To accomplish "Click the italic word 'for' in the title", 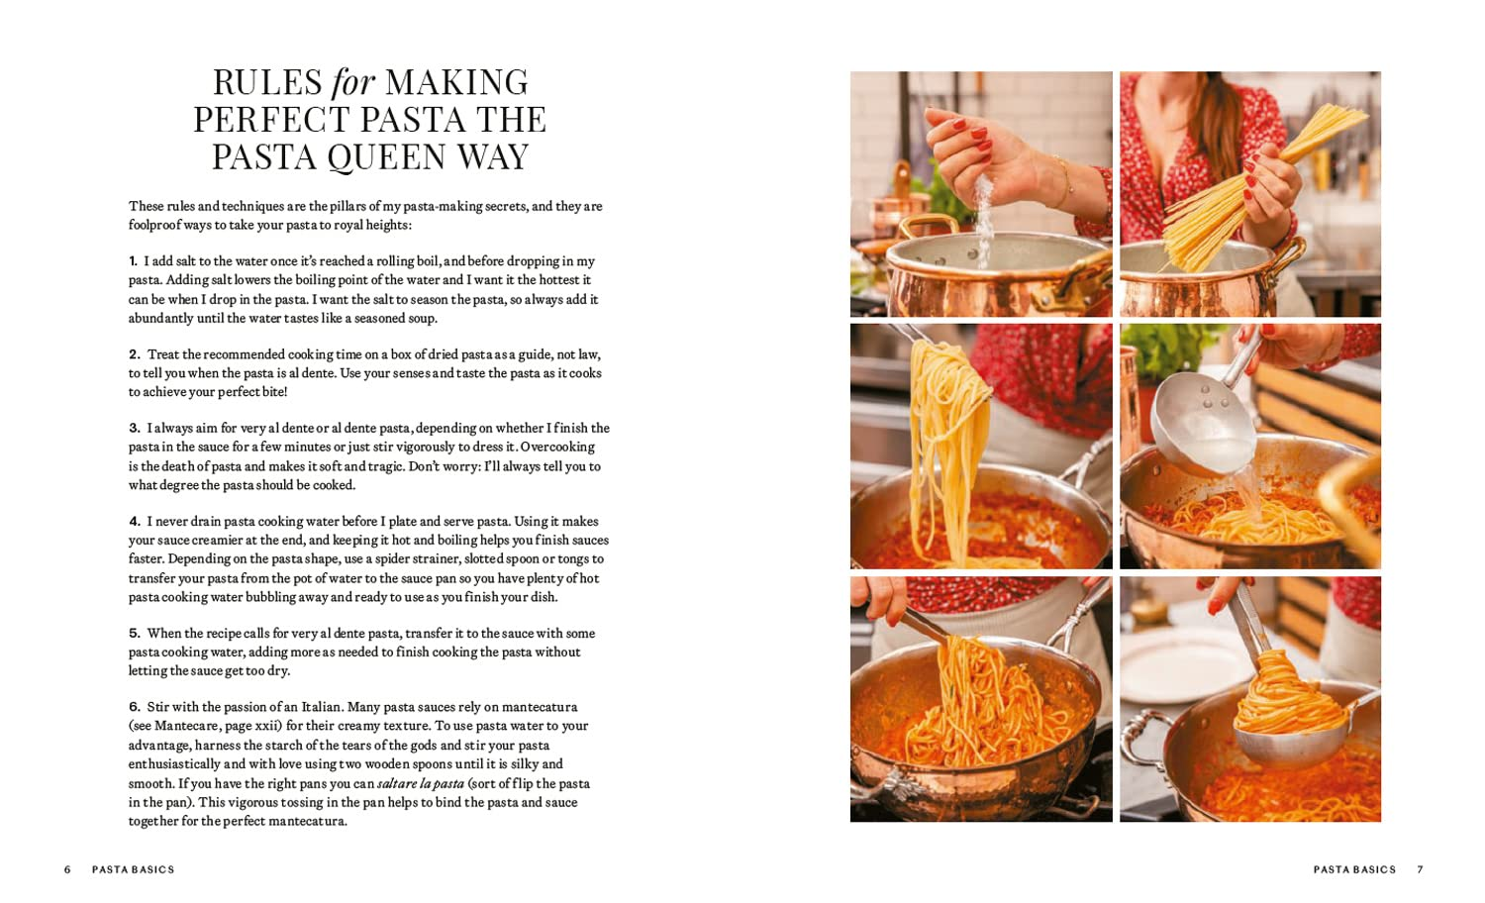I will (351, 82).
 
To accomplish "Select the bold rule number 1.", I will (133, 261).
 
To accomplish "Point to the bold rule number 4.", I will (134, 522).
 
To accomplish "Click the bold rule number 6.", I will (134, 707).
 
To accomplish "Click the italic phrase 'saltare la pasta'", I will (420, 783).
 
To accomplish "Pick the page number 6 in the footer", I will (67, 869).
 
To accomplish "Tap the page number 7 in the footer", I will (1420, 869).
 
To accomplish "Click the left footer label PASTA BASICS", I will (133, 869).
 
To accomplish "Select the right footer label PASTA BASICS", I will (1353, 869).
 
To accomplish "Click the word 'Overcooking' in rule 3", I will (557, 447).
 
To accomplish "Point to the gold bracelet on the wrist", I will (1063, 182).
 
